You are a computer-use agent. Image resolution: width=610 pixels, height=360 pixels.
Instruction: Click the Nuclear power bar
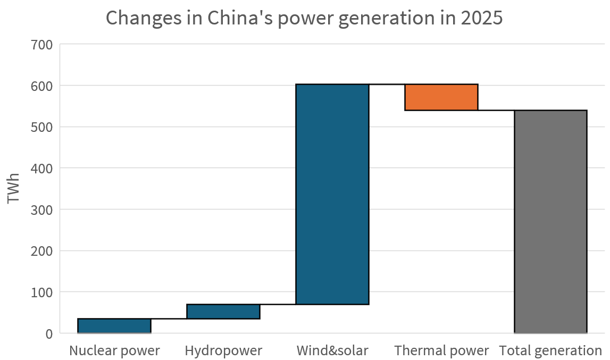pos(114,325)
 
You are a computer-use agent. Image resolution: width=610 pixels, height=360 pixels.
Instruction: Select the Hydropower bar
pos(223,311)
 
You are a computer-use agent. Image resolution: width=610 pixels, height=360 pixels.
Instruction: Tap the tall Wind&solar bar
pos(332,194)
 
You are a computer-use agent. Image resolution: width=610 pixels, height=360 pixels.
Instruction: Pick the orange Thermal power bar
pos(441,97)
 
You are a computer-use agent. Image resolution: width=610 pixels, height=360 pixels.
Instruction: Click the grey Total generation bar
pos(550,221)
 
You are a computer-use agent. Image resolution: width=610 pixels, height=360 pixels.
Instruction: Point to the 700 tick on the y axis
pos(41,45)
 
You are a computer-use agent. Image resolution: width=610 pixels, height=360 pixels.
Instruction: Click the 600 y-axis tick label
pos(41,86)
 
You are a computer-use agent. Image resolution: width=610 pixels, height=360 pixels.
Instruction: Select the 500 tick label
pos(41,127)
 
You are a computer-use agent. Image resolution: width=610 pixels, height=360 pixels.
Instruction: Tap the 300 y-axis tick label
pos(41,210)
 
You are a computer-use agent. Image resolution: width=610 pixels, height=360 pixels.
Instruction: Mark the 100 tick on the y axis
pos(41,292)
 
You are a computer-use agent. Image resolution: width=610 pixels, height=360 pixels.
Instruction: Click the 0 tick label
pos(49,334)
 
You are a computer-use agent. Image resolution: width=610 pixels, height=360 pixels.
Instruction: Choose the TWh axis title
pos(14,188)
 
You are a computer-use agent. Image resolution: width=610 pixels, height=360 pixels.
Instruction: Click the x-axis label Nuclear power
pos(114,351)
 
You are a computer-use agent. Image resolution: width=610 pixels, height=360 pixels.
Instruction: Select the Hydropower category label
pos(223,351)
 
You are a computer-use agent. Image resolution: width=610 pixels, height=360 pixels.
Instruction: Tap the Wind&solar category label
pos(332,351)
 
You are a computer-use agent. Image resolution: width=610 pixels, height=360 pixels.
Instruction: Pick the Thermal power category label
pos(441,351)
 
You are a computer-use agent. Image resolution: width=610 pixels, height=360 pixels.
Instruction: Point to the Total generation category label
pos(550,351)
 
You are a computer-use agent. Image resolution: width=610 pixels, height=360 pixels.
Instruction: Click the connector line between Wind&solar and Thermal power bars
pos(387,85)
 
